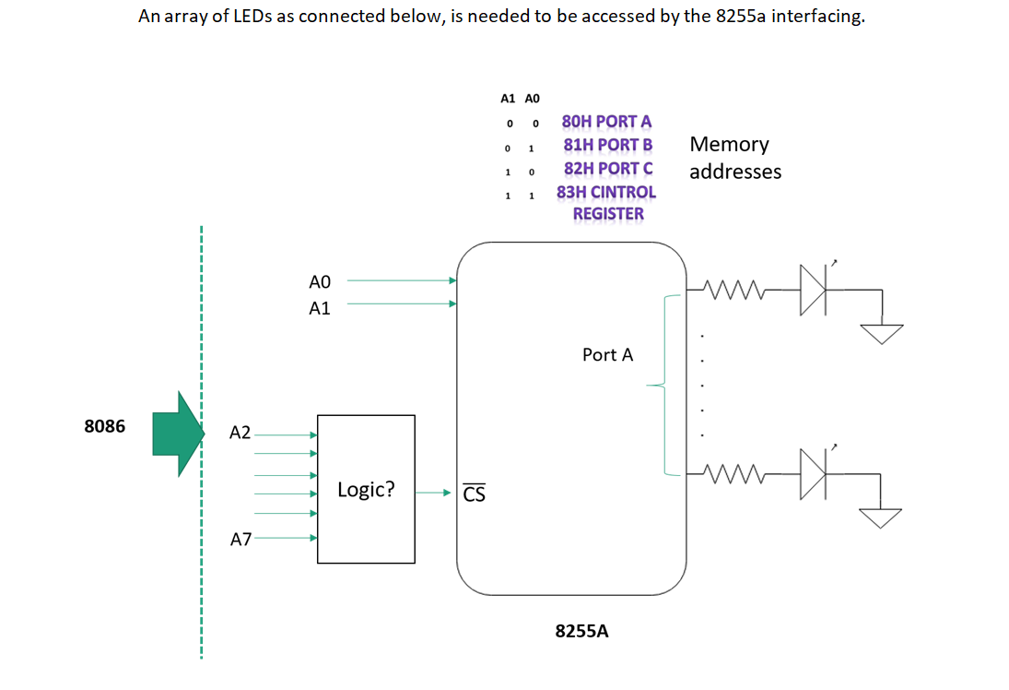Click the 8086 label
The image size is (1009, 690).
coord(104,427)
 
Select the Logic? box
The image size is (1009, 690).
coord(366,489)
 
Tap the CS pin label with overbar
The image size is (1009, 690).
coord(474,494)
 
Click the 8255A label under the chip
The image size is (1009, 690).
coord(581,631)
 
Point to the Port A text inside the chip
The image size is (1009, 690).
coord(607,354)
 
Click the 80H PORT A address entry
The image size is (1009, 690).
coord(606,121)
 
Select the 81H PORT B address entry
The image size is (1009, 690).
coord(607,145)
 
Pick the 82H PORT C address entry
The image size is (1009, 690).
coord(608,169)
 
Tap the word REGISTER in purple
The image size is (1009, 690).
coord(608,214)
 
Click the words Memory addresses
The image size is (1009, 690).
coord(734,158)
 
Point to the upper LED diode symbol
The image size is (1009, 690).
coord(813,290)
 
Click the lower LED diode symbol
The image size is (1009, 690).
coord(813,474)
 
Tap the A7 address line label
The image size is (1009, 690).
coord(240,540)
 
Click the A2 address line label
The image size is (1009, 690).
coord(240,433)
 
